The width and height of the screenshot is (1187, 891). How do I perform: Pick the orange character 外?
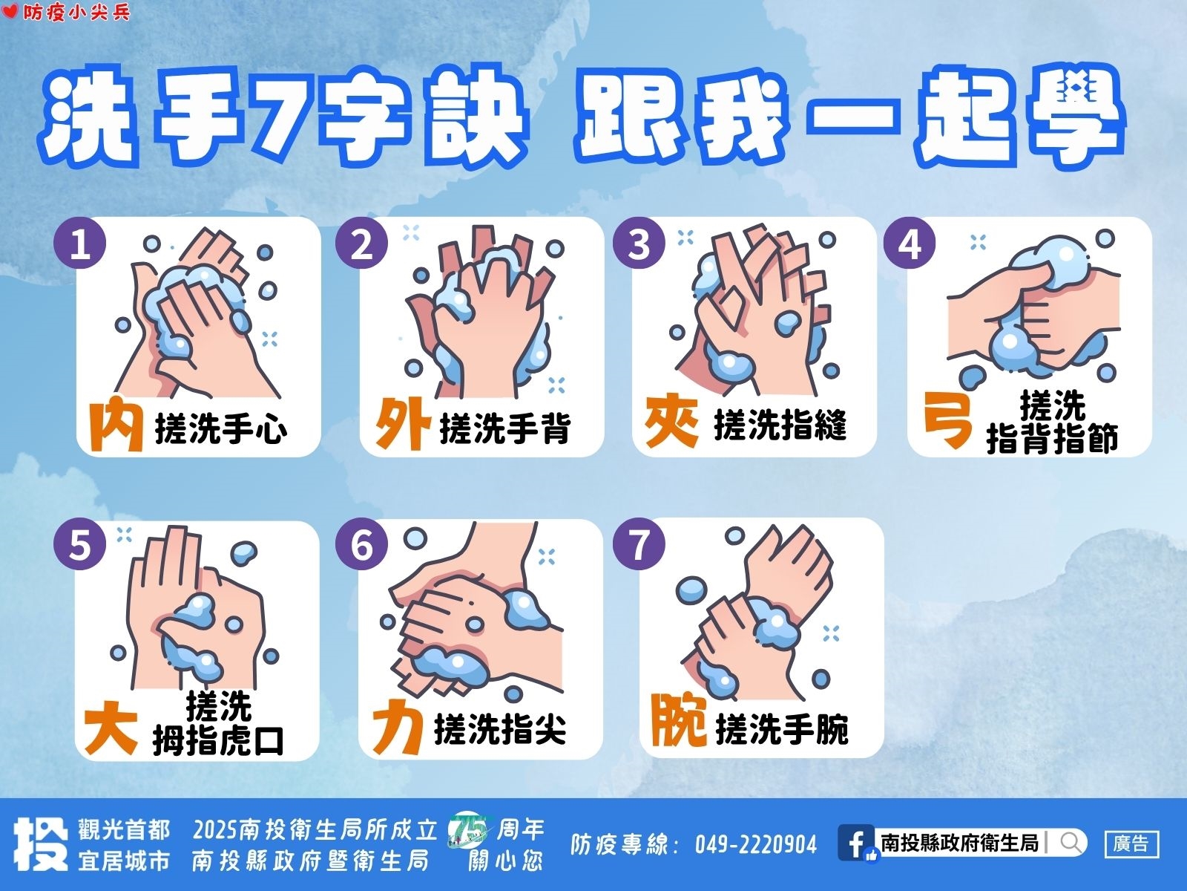pyautogui.click(x=403, y=423)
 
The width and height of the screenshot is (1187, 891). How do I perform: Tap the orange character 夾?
pyautogui.click(x=671, y=422)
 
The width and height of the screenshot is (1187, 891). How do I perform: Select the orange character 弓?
pyautogui.click(x=947, y=420)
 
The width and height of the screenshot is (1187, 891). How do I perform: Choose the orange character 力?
pyautogui.click(x=398, y=727)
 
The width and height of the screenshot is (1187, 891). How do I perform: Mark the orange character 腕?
pyautogui.click(x=679, y=720)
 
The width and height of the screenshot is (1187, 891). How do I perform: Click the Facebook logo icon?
pyautogui.click(x=856, y=843)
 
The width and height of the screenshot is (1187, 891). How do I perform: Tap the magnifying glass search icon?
pyautogui.click(x=1071, y=842)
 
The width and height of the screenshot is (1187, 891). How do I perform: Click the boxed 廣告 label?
pyautogui.click(x=1131, y=843)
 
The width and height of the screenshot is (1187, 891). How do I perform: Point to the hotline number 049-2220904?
pyautogui.click(x=755, y=844)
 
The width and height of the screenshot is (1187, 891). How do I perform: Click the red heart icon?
pyautogui.click(x=10, y=11)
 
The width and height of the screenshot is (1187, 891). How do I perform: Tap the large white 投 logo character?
pyautogui.click(x=41, y=844)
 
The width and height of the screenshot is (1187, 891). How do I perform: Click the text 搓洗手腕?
pyautogui.click(x=781, y=728)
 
